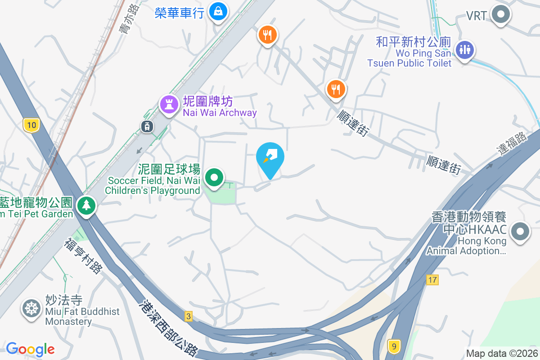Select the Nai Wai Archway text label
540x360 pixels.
(x=220, y=112)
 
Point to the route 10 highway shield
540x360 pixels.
(x=31, y=126)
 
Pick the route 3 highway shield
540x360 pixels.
(x=188, y=317)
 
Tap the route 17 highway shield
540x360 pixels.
(x=432, y=280)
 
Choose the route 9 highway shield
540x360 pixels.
(x=394, y=346)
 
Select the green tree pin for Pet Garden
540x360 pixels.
(x=86, y=205)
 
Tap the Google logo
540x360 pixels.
(x=30, y=349)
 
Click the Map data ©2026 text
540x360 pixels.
(x=502, y=354)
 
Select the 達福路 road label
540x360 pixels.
(x=513, y=143)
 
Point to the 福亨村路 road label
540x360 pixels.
(x=83, y=256)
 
